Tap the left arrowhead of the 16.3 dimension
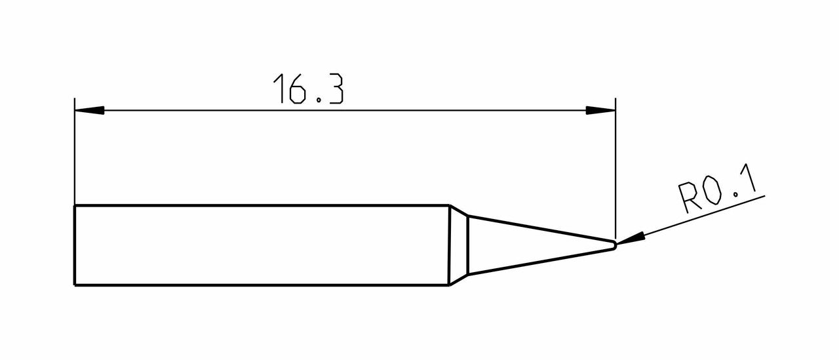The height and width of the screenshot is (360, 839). pyautogui.click(x=89, y=110)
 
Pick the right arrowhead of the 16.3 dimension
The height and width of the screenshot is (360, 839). pyautogui.click(x=600, y=110)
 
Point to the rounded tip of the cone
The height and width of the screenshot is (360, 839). pyautogui.click(x=614, y=245)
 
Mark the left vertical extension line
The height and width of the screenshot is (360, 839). pyautogui.click(x=75, y=157)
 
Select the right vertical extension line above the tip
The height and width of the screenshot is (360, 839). pyautogui.click(x=615, y=170)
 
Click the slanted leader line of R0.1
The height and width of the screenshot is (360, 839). pyautogui.click(x=701, y=215)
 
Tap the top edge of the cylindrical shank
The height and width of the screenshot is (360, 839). pyautogui.click(x=262, y=206)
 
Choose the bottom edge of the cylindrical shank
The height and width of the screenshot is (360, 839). pyautogui.click(x=262, y=285)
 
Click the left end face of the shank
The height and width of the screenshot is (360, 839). pyautogui.click(x=75, y=245)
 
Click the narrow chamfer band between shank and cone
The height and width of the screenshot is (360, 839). pyautogui.click(x=458, y=245)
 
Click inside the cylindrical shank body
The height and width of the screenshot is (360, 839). pyautogui.click(x=262, y=245)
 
